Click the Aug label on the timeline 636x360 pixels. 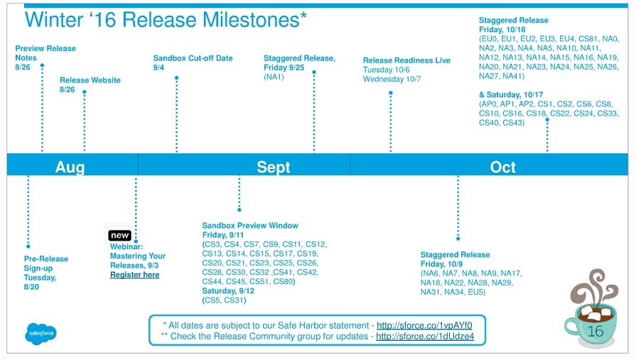coord(70,167)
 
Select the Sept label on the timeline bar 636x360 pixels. coord(274,167)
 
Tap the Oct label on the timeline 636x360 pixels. coord(502,167)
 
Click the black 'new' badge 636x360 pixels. coord(119,235)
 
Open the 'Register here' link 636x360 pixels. coord(135,275)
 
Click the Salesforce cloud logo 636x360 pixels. coord(41,333)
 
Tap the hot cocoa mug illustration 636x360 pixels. coord(592,309)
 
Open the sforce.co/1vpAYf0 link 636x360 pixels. coord(424,325)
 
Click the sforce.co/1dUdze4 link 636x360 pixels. coord(425,336)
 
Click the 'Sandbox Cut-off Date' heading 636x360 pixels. coord(193,58)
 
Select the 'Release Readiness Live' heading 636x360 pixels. coord(406,60)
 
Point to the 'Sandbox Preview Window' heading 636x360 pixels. coord(250,225)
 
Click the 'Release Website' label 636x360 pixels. coord(90,80)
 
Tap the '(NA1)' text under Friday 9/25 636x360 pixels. coord(274,77)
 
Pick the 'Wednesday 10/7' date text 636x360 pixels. coord(392,79)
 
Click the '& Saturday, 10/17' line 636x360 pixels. coord(511,94)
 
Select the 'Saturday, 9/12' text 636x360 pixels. coord(228,291)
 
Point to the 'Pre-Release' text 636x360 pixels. coord(45,258)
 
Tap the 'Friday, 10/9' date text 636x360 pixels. coord(441,264)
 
